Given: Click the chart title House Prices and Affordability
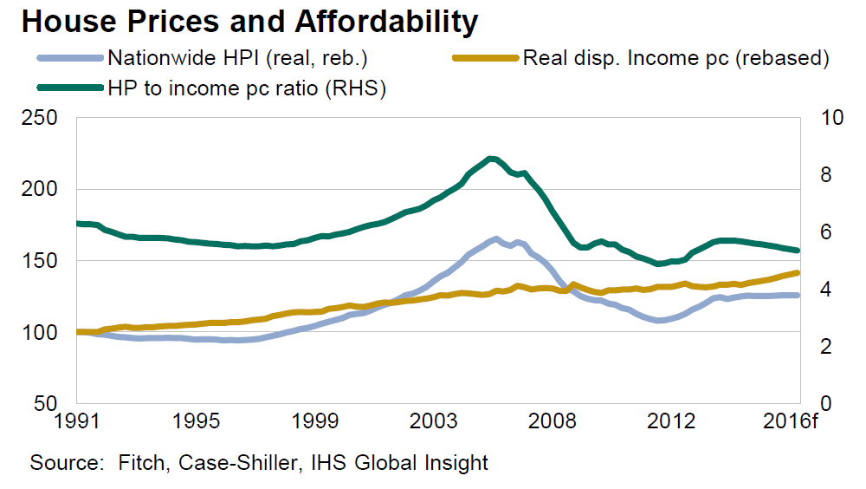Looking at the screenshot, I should (x=249, y=22).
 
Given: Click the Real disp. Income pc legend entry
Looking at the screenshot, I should (x=675, y=59).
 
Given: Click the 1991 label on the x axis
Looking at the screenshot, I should (x=78, y=422).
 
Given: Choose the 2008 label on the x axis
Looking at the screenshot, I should (x=553, y=422).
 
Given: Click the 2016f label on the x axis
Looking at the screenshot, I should (x=794, y=422).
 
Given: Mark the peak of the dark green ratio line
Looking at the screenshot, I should (x=491, y=159).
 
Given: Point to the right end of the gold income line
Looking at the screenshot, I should (x=797, y=273).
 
